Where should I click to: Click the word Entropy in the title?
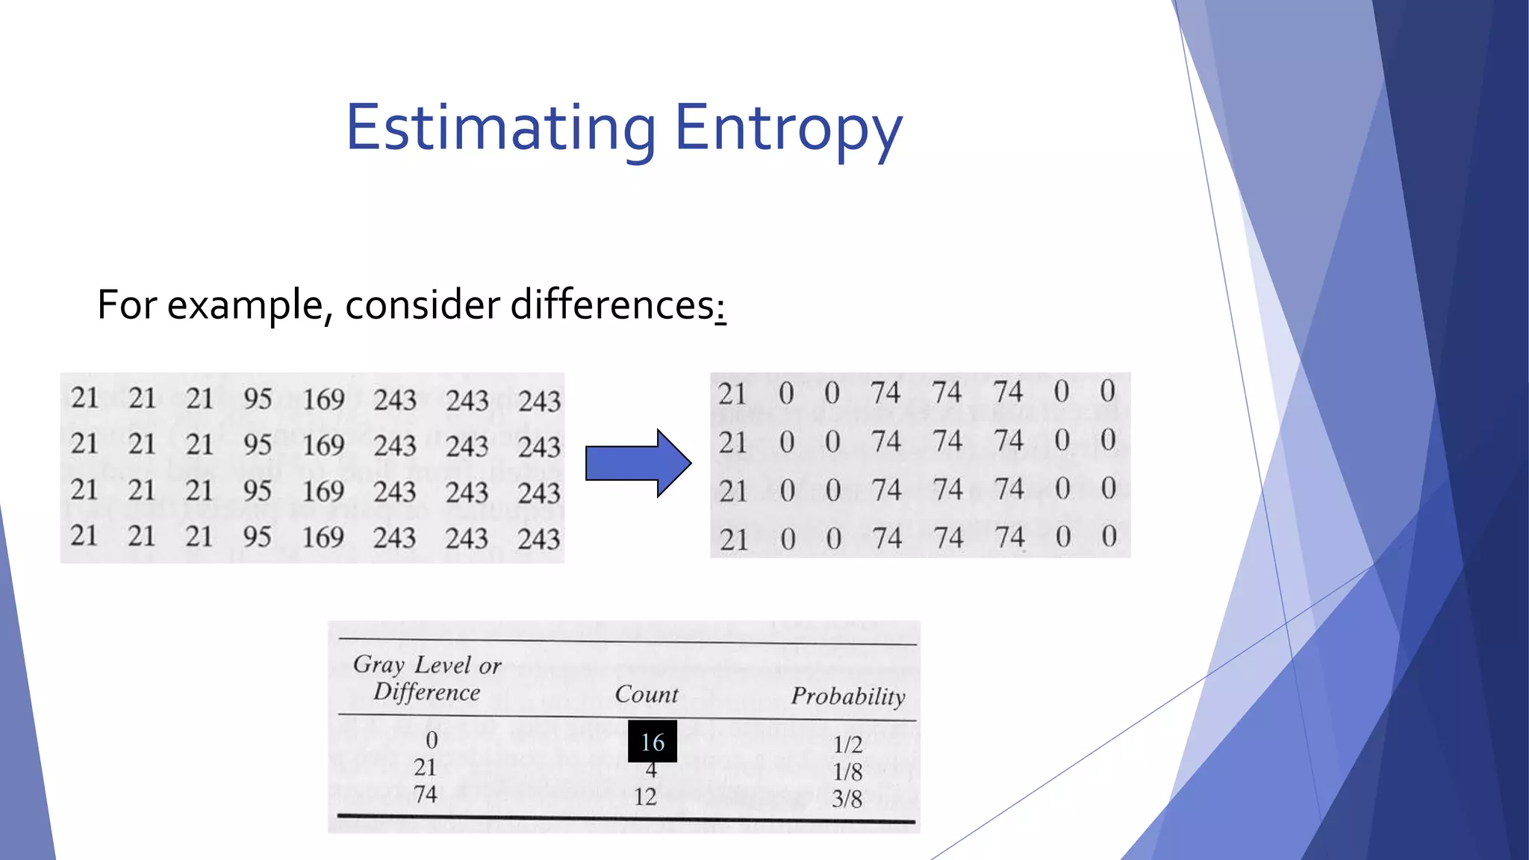(788, 128)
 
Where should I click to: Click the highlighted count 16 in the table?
(653, 741)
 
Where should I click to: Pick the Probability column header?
(848, 696)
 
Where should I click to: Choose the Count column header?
(647, 694)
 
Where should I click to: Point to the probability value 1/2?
(847, 744)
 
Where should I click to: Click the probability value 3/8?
(847, 799)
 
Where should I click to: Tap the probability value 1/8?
(847, 771)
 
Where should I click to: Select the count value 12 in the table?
(645, 797)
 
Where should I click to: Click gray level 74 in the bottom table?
(426, 794)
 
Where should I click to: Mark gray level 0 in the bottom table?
(432, 740)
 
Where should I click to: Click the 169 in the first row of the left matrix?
(323, 399)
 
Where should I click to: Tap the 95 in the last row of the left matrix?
(257, 537)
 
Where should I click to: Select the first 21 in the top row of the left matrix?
(84, 398)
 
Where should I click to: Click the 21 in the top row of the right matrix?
(732, 393)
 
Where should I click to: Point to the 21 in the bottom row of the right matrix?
(733, 539)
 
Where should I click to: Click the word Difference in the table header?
(427, 692)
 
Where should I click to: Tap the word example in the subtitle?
(245, 306)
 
